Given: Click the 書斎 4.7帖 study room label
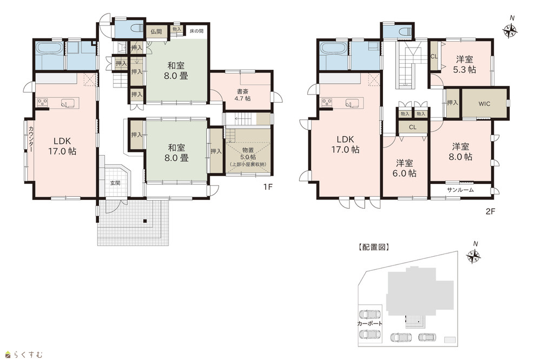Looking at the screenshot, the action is coord(243,95).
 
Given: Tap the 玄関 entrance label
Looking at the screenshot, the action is coord(115,183).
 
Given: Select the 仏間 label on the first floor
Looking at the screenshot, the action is coord(156,32).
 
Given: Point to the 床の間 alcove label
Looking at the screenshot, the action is coord(197,31).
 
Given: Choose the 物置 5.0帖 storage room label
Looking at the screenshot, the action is coord(248,157).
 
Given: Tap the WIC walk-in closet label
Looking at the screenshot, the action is coord(484,103).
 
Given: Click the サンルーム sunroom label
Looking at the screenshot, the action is coord(460,190).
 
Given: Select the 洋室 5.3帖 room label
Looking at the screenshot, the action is coord(464,64).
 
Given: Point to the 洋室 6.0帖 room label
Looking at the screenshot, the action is coord(404,168).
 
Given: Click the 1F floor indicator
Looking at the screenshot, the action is coord(268,187).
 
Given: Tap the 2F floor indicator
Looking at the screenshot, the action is coord(490,211).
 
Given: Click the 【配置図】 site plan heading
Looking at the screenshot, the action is coord(374,247).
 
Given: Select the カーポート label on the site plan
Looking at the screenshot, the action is coord(370,323).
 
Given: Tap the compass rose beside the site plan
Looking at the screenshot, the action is coord(473,255).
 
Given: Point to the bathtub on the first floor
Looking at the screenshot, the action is coord(49,49).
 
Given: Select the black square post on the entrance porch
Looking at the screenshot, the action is coord(145,221).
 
